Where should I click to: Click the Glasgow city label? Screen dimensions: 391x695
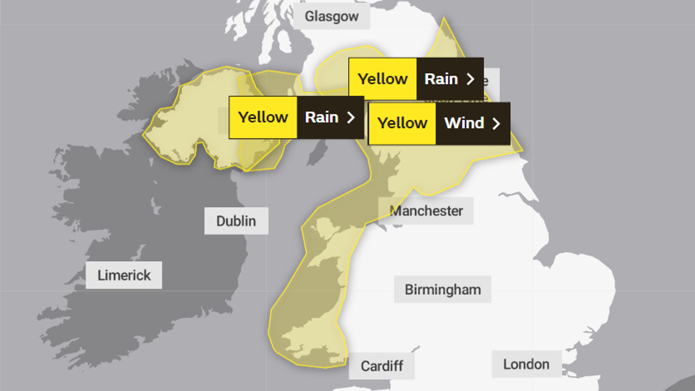click(332, 16)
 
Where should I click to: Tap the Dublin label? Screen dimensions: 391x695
click(236, 221)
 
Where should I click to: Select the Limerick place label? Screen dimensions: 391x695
click(124, 275)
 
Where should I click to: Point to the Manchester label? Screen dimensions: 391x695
click(426, 211)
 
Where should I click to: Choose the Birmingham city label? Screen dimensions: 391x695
click(443, 290)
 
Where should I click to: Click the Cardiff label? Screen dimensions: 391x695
click(382, 366)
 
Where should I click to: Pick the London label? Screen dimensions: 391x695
click(526, 364)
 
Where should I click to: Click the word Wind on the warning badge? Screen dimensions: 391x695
click(464, 123)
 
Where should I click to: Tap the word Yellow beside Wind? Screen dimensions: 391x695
click(402, 123)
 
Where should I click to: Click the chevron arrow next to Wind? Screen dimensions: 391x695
click(496, 124)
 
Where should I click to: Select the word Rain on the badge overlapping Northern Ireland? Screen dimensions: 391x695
click(322, 117)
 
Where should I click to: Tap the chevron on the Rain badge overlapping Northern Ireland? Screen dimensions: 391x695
click(351, 118)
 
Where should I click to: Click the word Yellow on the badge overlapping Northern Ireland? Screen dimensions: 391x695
click(263, 117)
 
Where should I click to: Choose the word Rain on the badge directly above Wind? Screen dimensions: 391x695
click(441, 79)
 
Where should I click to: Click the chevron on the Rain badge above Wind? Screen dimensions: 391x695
click(470, 79)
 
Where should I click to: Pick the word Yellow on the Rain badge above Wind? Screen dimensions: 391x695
click(382, 79)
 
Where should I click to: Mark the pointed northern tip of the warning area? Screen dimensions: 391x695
click(444, 19)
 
